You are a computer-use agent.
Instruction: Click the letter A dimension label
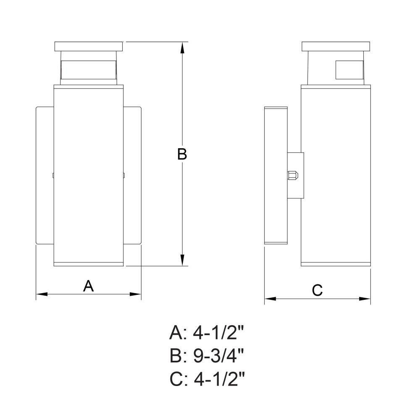click(x=88, y=286)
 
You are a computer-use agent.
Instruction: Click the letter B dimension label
click(x=182, y=154)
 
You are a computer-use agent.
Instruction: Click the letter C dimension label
click(x=318, y=290)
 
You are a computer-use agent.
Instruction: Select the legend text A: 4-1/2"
click(x=207, y=333)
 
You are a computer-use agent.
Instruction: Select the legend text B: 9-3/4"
click(x=207, y=356)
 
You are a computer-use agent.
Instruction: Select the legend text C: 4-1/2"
click(x=207, y=379)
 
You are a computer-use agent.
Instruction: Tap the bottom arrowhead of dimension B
click(x=182, y=260)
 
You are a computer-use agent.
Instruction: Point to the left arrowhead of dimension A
click(x=42, y=294)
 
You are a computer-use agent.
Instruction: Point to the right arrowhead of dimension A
click(x=136, y=294)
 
